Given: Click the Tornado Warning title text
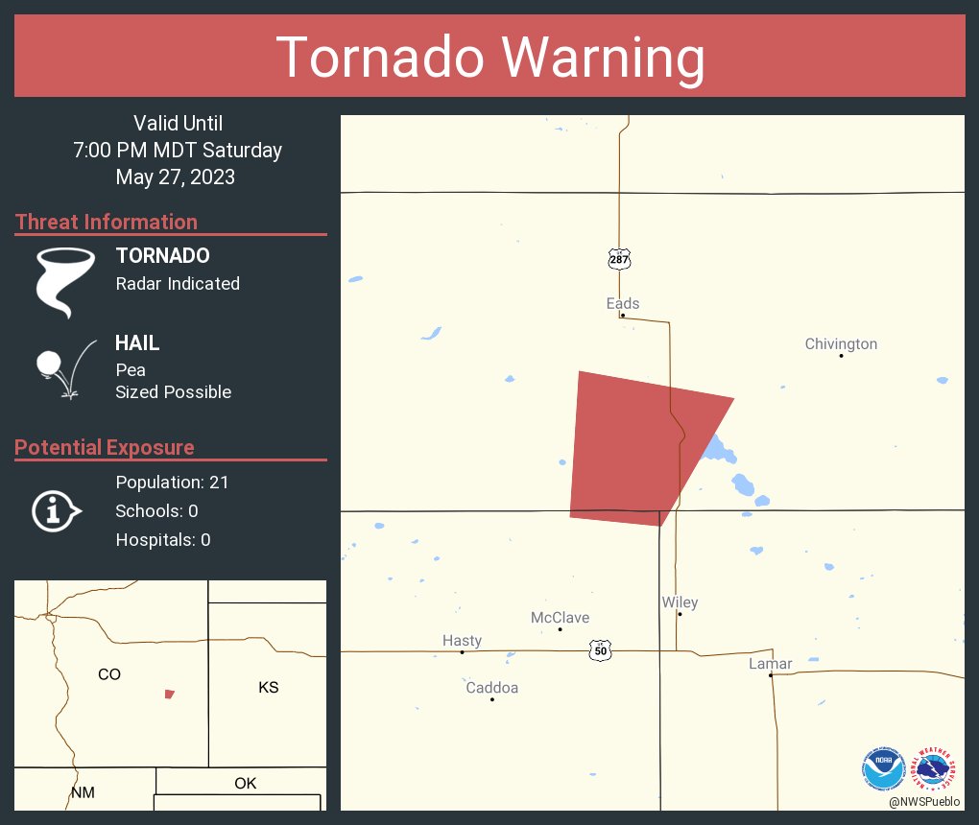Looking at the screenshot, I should click(x=489, y=58).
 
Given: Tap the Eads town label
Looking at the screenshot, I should click(x=623, y=303).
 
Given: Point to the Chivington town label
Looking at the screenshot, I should click(x=841, y=343).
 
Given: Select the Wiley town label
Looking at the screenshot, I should click(x=680, y=602).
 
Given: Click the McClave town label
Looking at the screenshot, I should click(x=560, y=618).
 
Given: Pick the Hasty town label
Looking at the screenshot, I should click(x=462, y=641).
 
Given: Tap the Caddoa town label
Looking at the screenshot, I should click(x=491, y=688).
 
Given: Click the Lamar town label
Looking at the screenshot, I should click(x=771, y=664).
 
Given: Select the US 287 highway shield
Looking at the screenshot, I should click(x=619, y=259).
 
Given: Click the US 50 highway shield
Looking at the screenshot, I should click(x=601, y=650).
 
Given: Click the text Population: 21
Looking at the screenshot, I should click(x=172, y=483).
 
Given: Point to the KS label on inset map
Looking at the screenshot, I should click(x=269, y=688).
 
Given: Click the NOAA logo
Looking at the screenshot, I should click(x=883, y=768).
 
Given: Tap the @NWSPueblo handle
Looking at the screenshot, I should click(x=925, y=802).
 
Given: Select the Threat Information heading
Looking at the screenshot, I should click(x=107, y=223).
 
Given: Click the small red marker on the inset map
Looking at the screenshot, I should click(x=170, y=694).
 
